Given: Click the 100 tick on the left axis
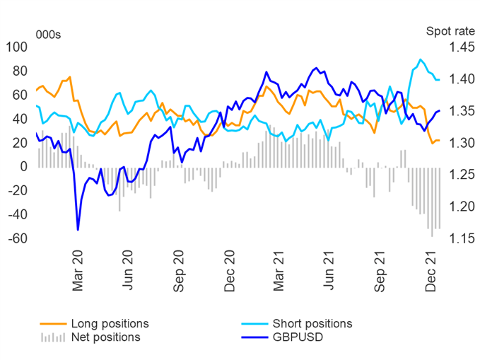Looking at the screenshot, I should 16,47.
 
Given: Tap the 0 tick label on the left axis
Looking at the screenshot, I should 24,167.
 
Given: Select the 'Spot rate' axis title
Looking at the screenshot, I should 446,31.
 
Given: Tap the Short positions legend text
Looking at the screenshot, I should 311,323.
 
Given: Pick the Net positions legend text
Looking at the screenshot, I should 106,337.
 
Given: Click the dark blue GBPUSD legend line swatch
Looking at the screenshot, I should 253,337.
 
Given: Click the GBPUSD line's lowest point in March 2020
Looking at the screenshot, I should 78,229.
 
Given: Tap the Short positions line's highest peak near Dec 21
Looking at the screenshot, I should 421,59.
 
